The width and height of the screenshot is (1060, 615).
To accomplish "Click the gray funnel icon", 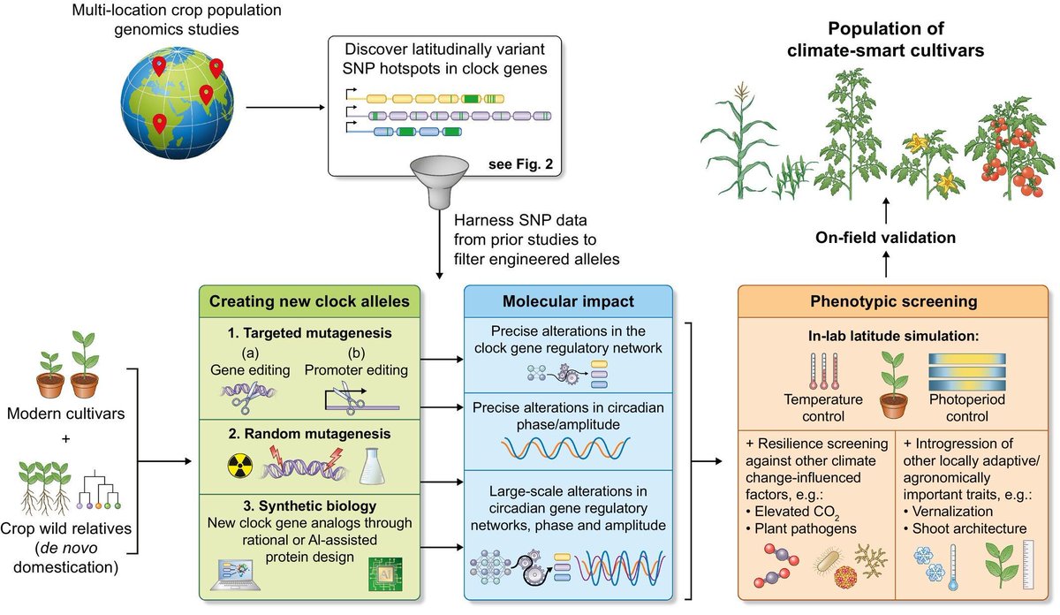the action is click(x=439, y=182).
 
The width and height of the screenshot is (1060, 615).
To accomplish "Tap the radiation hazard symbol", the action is click(x=240, y=467).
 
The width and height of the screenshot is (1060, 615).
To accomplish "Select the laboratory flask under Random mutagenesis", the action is click(x=373, y=467).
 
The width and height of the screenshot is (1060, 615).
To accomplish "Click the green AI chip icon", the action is click(x=385, y=573).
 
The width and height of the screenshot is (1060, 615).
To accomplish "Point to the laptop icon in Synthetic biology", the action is click(x=235, y=574).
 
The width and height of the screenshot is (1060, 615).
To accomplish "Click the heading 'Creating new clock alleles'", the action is click(x=309, y=301).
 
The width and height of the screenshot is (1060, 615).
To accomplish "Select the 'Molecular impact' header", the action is click(x=568, y=301).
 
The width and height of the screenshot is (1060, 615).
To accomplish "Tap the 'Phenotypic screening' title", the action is click(x=893, y=301).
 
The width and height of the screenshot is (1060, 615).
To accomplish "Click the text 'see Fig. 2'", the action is click(x=520, y=163).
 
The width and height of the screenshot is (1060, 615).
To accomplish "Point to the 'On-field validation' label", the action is click(x=885, y=237).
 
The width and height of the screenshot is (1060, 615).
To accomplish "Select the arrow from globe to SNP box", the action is click(x=285, y=108).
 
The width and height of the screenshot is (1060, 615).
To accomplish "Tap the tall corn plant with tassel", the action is click(x=738, y=140).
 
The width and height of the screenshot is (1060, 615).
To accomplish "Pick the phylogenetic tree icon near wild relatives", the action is click(x=99, y=490).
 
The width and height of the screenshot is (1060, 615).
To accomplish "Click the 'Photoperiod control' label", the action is click(x=966, y=407).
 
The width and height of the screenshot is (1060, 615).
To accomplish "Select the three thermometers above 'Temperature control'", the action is click(x=824, y=371).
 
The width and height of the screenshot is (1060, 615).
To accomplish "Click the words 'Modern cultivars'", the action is click(x=65, y=414).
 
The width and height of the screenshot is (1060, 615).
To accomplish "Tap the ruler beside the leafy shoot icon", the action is click(x=1028, y=565).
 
